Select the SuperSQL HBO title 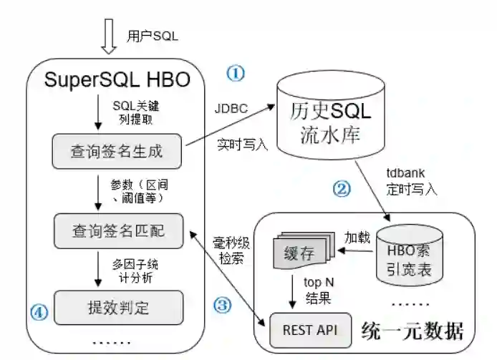click(117, 79)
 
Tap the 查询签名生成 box click(117, 152)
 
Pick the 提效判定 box click(117, 308)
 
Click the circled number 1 click(236, 73)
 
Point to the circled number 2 click(342, 189)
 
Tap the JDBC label click(231, 110)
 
